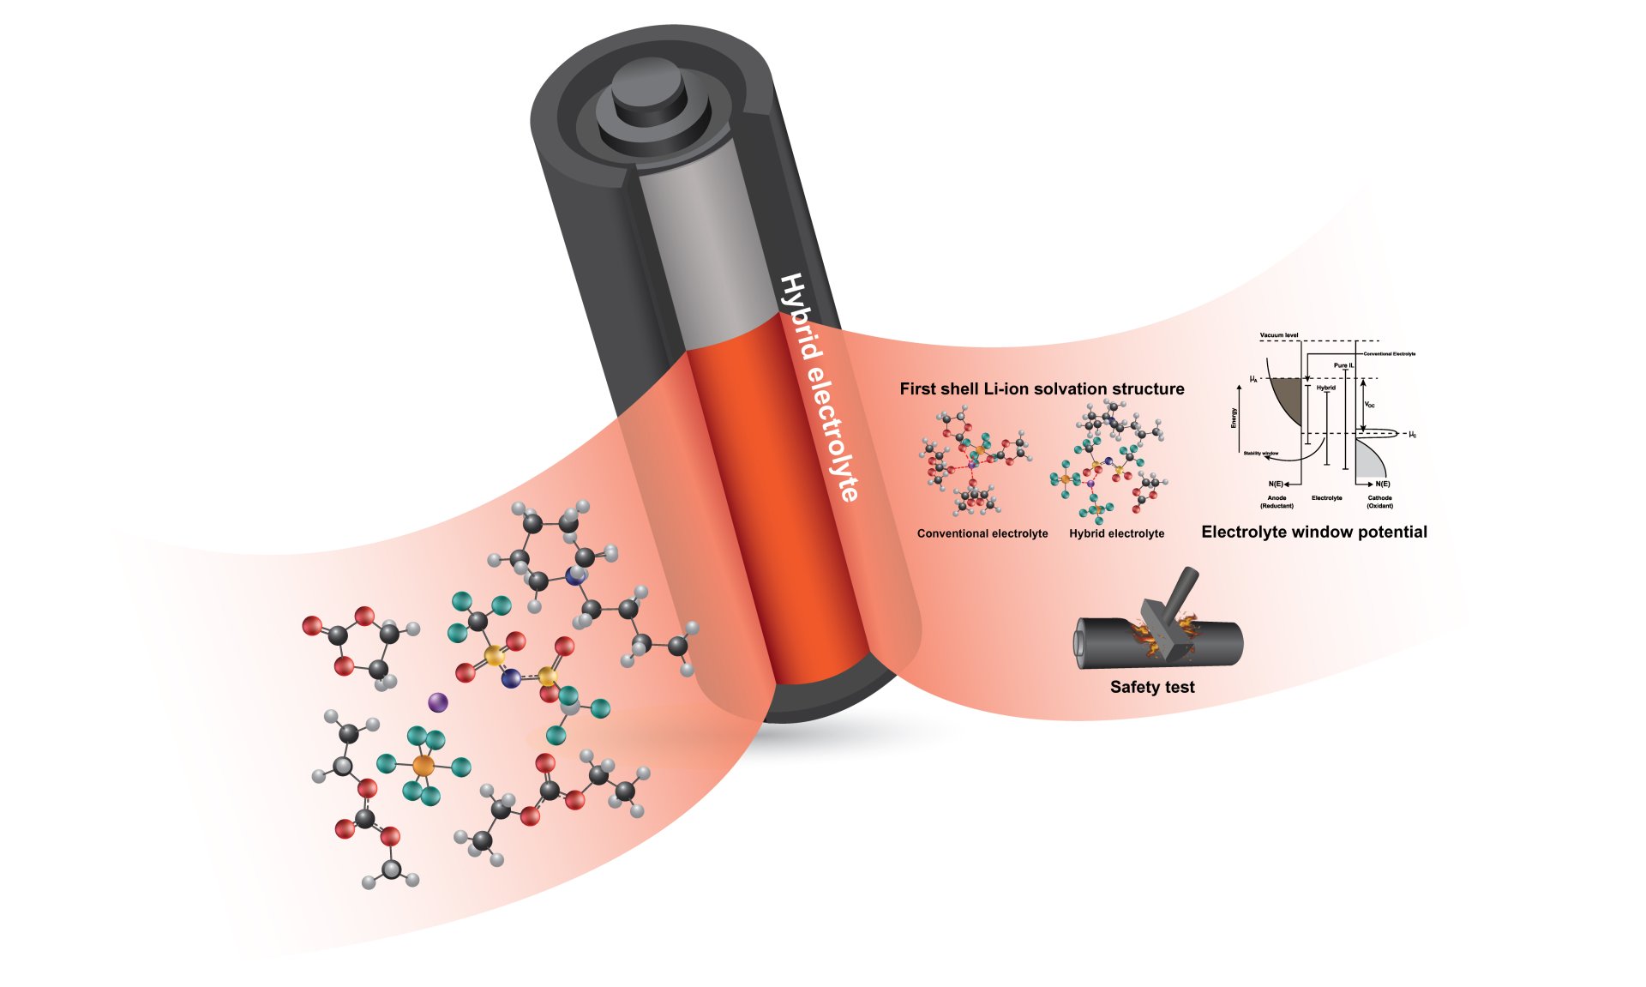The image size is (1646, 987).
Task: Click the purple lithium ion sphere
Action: point(437,702)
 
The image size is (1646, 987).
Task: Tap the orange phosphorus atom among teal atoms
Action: point(424,765)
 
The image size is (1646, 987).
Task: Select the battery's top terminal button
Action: point(649,94)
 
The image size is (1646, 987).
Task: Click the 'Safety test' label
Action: point(1151,687)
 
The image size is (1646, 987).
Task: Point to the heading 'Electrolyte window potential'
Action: point(1313,532)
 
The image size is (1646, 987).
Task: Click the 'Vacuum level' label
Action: point(1278,335)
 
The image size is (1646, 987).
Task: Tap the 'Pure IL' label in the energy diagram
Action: point(1343,365)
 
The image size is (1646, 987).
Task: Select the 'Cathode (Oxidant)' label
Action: point(1379,502)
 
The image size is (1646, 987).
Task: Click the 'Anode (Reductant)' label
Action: point(1277,502)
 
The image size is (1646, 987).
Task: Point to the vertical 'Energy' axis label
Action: point(1234,418)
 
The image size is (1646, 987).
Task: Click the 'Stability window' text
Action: point(1260,453)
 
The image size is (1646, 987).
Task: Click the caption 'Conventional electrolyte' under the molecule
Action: point(982,533)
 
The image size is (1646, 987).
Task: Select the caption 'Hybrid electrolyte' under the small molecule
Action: point(1116,533)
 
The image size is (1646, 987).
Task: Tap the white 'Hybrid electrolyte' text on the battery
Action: point(818,386)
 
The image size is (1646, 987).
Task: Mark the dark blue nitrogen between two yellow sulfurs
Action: point(512,678)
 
